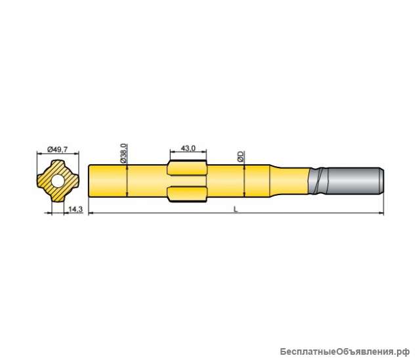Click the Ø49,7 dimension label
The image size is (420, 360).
click(58, 149)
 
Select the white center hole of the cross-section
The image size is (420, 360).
click(58, 179)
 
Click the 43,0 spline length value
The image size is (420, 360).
click(188, 149)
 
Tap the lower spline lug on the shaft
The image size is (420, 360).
click(188, 192)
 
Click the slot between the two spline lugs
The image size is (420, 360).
click(188, 179)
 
